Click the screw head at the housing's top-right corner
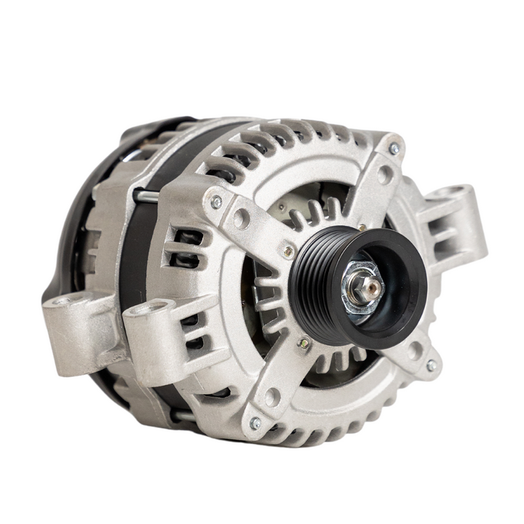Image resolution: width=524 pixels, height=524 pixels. coord(394,148)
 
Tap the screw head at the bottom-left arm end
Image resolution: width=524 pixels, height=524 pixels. coord(255,422)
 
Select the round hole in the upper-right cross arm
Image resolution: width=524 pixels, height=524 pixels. coord(384,175)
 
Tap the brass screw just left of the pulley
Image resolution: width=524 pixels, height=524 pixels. coord(289,251)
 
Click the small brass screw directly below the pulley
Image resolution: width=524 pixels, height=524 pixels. coord(304,343)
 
